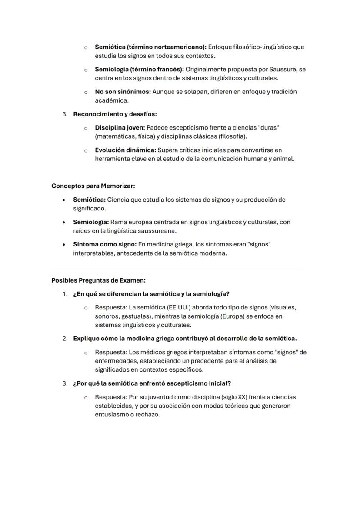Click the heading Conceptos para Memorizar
93,186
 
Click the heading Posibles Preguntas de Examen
98,280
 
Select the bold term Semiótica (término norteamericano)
150,47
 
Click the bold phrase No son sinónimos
123,92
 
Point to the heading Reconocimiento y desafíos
115,114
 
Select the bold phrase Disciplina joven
120,128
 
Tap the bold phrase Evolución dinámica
125,150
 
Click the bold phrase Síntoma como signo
104,244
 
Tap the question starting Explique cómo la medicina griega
185,339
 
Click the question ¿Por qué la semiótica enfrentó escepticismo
152,383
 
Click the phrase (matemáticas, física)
119,136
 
